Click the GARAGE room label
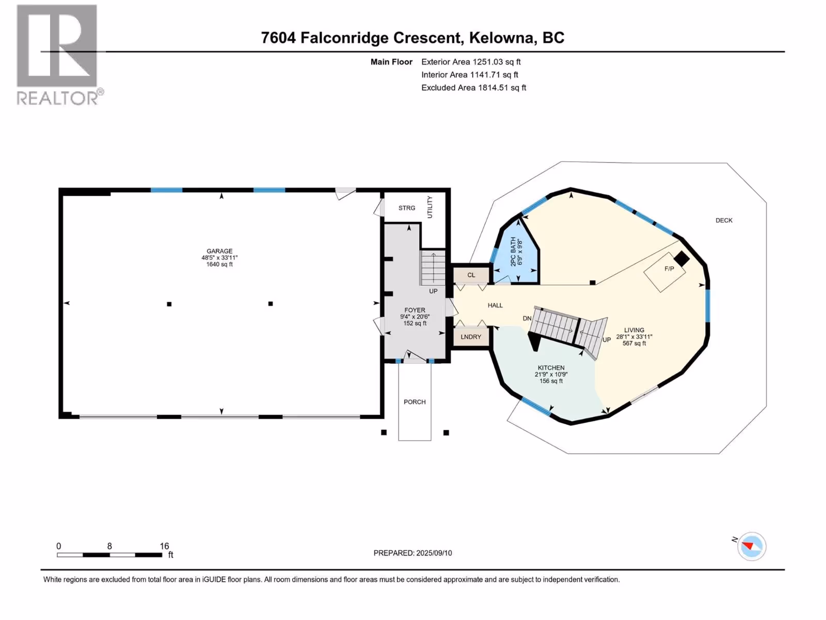219,251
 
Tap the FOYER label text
415,310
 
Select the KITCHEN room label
551,368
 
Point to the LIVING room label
634,330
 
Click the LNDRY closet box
471,337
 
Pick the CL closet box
471,275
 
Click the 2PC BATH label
514,252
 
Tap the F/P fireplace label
669,269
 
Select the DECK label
724,221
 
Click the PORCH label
415,402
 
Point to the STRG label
407,208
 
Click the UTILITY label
430,207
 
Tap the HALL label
495,305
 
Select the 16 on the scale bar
164,546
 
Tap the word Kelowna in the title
501,38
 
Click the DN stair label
527,318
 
